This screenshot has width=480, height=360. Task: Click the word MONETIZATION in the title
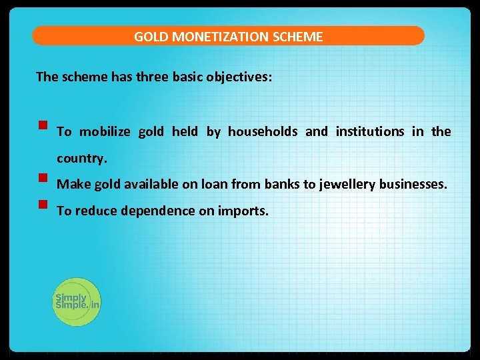(221, 37)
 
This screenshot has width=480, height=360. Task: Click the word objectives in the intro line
(237, 77)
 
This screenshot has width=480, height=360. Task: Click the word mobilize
(105, 131)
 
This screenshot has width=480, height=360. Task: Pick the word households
(263, 131)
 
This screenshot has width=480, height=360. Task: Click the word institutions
(370, 131)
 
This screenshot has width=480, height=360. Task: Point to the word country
(81, 160)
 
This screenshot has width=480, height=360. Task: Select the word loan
(209, 184)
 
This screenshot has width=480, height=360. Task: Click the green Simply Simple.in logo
(77, 301)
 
